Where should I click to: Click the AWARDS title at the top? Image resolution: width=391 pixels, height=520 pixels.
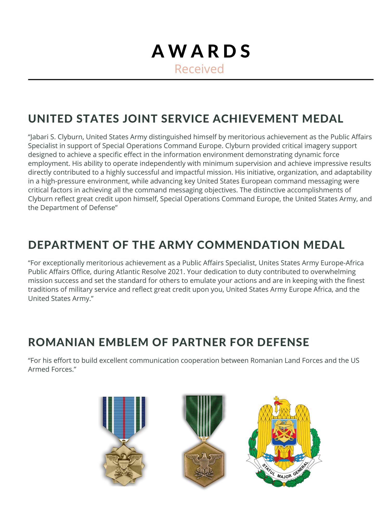[x=201, y=51]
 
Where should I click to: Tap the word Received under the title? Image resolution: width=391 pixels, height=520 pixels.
[x=199, y=69]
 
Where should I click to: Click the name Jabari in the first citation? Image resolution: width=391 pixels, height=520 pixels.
[x=38, y=137]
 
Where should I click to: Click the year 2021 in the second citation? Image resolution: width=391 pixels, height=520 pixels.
[x=176, y=272]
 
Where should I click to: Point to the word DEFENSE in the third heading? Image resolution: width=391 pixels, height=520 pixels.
[x=283, y=342]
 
